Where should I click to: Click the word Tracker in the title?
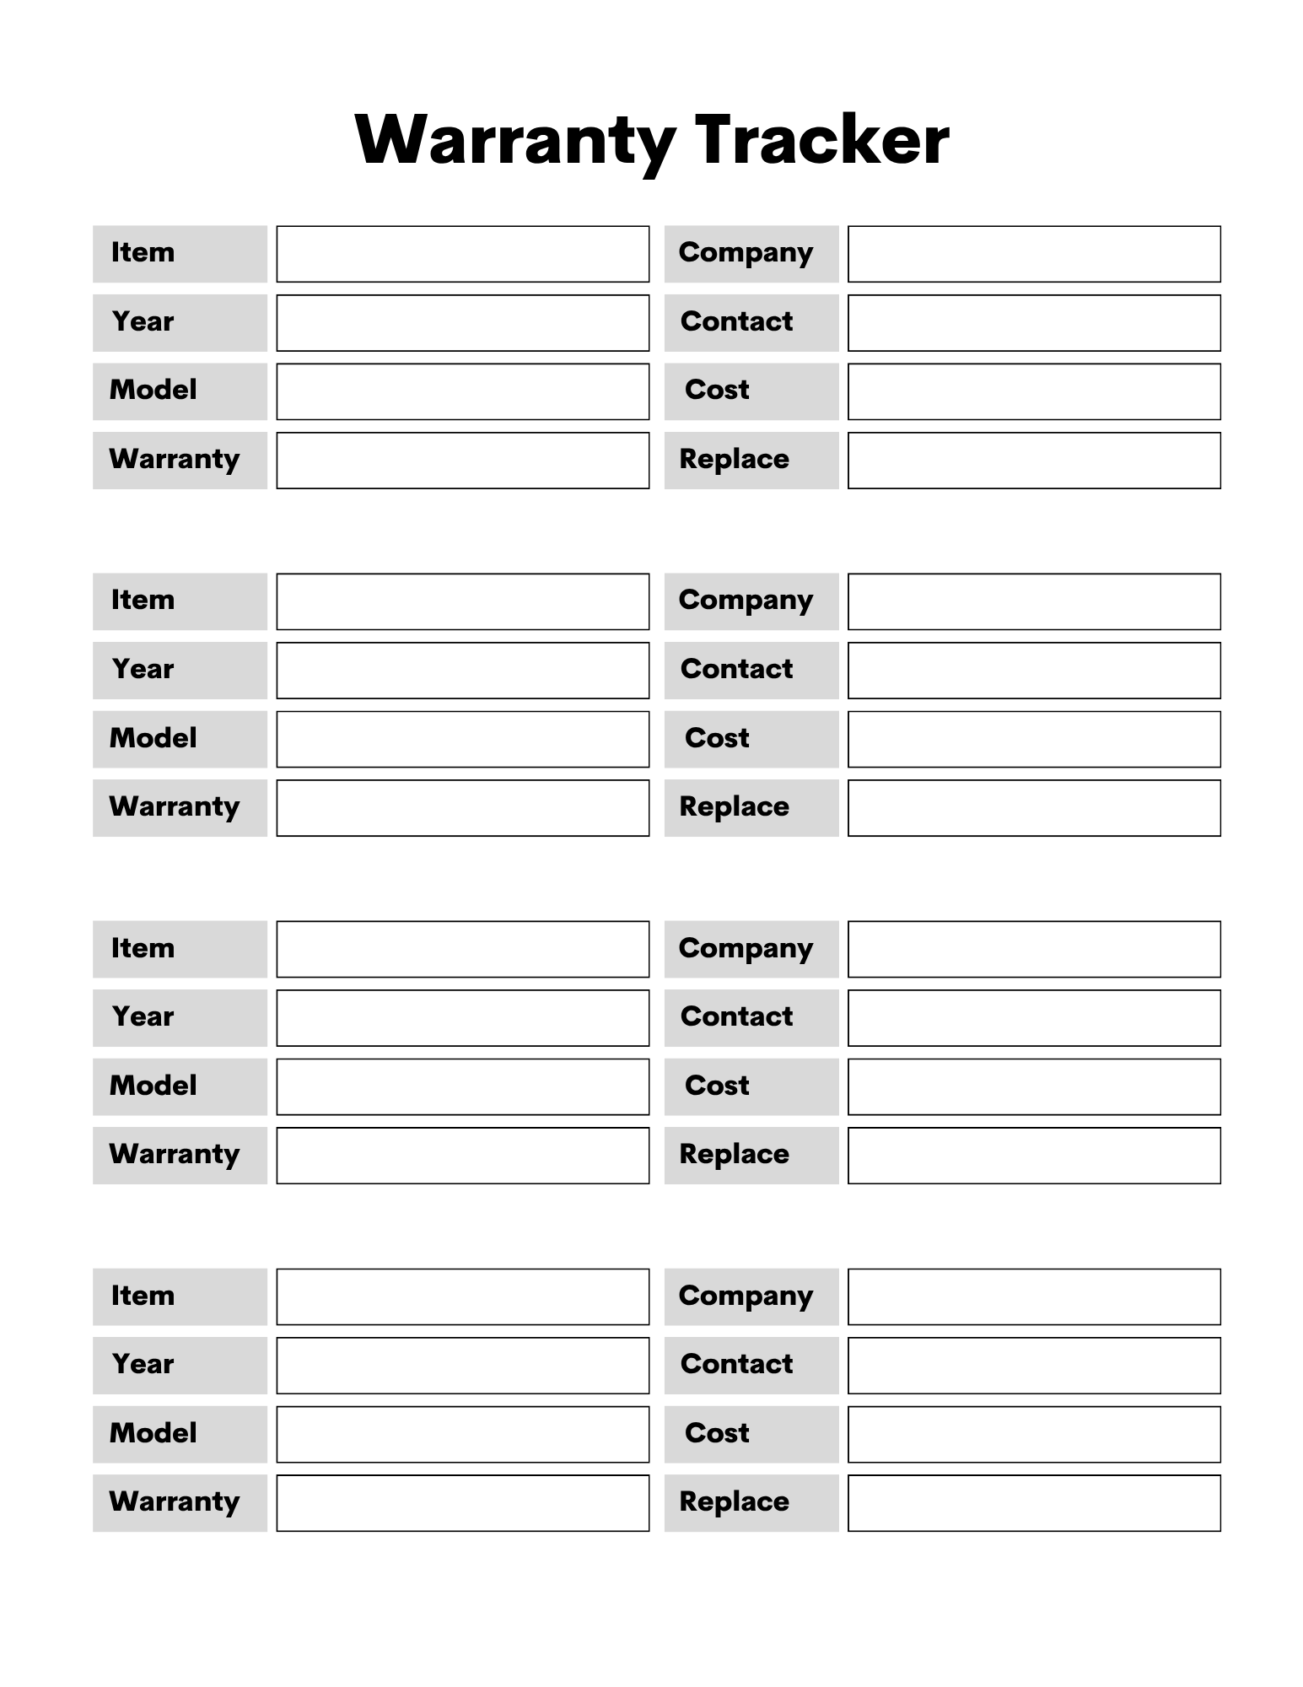coord(821,140)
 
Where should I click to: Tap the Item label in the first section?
coord(143,253)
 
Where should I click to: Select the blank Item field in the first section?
coord(462,254)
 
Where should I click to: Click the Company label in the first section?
coord(746,253)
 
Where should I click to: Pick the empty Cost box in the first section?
coord(1033,391)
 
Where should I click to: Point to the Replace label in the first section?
coord(734,460)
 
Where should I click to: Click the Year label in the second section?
coord(143,670)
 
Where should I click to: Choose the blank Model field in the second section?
coord(462,739)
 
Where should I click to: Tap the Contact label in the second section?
coord(736,670)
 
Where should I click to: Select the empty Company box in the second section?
coord(1033,601)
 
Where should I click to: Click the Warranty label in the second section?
coord(174,807)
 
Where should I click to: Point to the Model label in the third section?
coord(153,1086)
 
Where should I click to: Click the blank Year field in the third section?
coord(462,1018)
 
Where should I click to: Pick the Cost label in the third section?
coord(717,1086)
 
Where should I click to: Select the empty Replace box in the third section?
coord(1033,1156)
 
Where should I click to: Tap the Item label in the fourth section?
coord(143,1296)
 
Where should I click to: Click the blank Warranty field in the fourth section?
coord(462,1503)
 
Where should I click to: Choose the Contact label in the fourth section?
coord(736,1365)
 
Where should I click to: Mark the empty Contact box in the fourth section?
coord(1033,1366)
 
